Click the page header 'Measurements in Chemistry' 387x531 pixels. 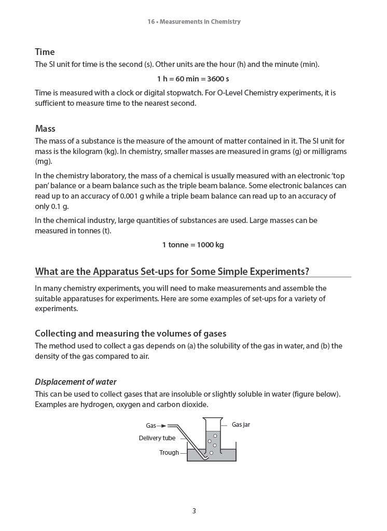(x=200, y=22)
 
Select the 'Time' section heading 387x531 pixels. (x=45, y=52)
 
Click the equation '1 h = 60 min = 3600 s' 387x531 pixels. (x=193, y=79)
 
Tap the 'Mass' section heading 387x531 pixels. (x=45, y=129)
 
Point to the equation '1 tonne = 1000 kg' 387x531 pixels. (x=193, y=245)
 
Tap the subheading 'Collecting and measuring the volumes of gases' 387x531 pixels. (x=130, y=333)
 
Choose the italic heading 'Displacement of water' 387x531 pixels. (x=75, y=382)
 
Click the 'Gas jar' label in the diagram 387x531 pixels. (x=241, y=425)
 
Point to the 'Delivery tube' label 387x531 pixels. (x=157, y=438)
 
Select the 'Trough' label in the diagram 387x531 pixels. (x=169, y=453)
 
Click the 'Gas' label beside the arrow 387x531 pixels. (x=150, y=426)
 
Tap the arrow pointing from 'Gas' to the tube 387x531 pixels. (x=162, y=426)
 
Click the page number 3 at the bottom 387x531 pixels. (x=194, y=511)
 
